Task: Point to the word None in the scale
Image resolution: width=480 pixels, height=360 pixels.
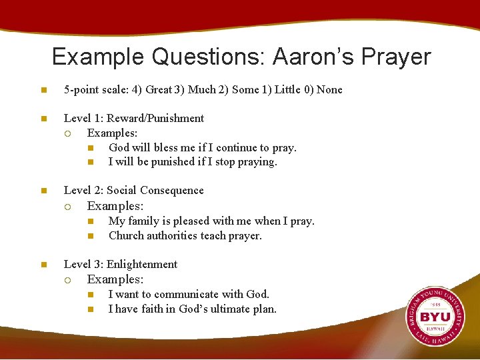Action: click(x=329, y=90)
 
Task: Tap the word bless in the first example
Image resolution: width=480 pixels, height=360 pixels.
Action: click(x=167, y=148)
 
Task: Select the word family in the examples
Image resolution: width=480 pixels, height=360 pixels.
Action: click(x=142, y=221)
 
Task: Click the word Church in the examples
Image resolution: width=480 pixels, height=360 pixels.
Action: click(x=126, y=235)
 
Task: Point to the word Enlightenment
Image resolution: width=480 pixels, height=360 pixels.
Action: click(x=142, y=265)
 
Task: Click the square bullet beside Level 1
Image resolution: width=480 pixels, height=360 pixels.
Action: click(x=43, y=119)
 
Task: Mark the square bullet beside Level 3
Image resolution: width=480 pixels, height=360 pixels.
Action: click(x=43, y=265)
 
